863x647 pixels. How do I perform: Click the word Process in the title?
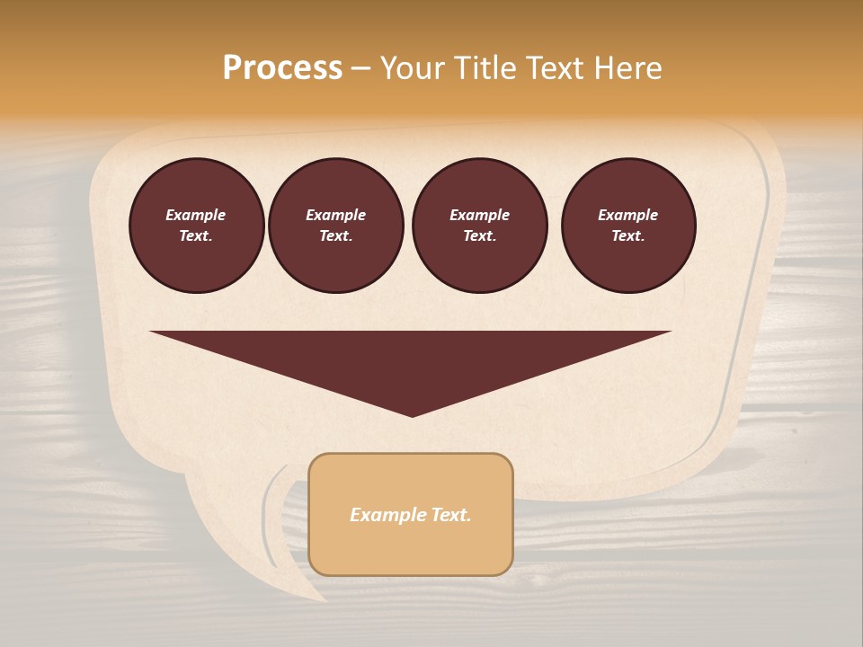click(282, 68)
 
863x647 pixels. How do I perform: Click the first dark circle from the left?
click(196, 226)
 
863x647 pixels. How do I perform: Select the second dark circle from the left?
click(335, 226)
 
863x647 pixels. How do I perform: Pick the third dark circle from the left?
click(479, 226)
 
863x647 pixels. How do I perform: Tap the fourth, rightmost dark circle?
click(627, 226)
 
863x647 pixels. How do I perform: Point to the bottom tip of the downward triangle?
click(412, 415)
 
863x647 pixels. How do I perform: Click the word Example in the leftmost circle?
click(196, 215)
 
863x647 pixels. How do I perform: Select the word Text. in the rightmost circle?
click(627, 236)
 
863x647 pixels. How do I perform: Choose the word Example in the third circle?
click(479, 215)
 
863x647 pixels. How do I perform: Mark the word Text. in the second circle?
click(335, 236)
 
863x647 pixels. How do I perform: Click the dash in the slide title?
click(360, 69)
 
